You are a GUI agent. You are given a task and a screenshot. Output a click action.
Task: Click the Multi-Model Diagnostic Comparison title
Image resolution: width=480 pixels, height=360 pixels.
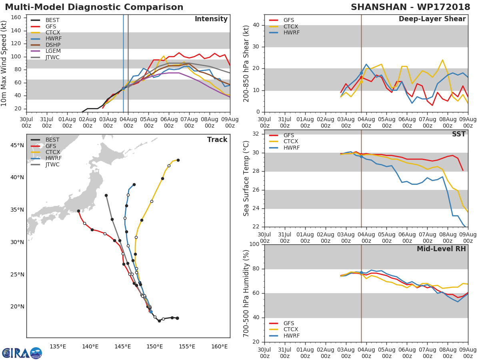point(94,7)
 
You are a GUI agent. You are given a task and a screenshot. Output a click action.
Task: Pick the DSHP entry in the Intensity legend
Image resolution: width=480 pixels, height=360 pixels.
point(53,45)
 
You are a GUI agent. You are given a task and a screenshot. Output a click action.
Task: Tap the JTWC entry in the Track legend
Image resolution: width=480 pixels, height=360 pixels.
point(52,164)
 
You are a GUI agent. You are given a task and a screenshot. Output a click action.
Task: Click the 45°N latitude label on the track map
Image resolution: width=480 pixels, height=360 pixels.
point(17,145)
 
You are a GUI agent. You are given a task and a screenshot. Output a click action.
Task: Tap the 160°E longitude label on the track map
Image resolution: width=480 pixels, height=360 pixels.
point(219,346)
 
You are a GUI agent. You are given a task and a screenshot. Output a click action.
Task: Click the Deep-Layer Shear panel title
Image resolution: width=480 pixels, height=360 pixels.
point(432,19)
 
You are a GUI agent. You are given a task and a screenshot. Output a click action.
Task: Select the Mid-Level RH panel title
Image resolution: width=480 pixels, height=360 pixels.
point(441,249)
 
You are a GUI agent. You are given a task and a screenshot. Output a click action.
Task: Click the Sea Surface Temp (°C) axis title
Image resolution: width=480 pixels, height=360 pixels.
point(246,178)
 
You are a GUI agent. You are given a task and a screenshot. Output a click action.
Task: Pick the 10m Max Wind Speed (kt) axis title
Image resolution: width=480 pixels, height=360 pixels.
point(4,63)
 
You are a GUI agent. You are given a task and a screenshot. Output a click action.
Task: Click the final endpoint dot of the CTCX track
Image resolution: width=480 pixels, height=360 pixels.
point(178,160)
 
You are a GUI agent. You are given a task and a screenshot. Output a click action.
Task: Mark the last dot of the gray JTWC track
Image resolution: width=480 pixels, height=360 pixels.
point(106,195)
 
